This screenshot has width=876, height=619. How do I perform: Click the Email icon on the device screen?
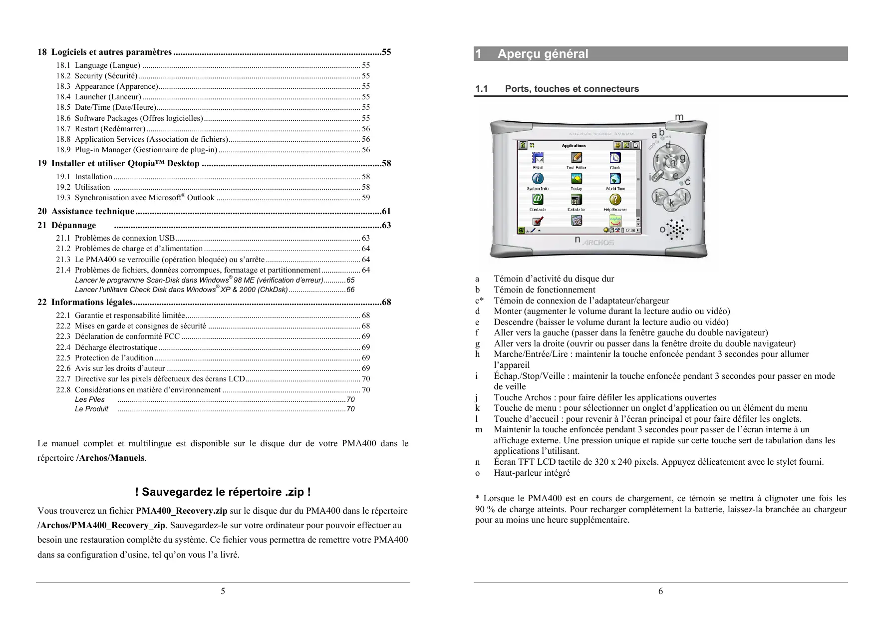point(538,158)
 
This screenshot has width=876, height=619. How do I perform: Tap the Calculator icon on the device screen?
point(576,200)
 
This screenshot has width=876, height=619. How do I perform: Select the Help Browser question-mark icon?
point(615,200)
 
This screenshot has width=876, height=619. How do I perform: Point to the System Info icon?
point(538,179)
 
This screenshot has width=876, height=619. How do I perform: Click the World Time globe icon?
point(615,179)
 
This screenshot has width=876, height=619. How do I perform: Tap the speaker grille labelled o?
point(677,230)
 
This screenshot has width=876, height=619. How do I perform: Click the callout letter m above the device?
point(679,117)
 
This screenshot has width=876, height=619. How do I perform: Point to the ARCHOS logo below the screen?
point(598,242)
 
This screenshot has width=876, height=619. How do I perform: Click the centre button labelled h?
point(672,161)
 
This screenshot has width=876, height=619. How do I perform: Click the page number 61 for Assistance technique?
point(386,212)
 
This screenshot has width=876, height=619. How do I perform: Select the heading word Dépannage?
point(73,225)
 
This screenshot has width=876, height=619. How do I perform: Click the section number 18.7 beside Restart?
point(63,129)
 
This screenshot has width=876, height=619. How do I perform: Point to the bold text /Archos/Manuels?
point(110,458)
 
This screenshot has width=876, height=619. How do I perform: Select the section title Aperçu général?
point(543,54)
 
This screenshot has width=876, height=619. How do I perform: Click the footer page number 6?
point(660,592)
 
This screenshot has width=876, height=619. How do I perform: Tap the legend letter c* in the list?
point(479,301)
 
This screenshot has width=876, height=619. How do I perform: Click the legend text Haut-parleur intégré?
point(532,473)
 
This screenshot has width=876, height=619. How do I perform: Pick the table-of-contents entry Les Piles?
point(90,399)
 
